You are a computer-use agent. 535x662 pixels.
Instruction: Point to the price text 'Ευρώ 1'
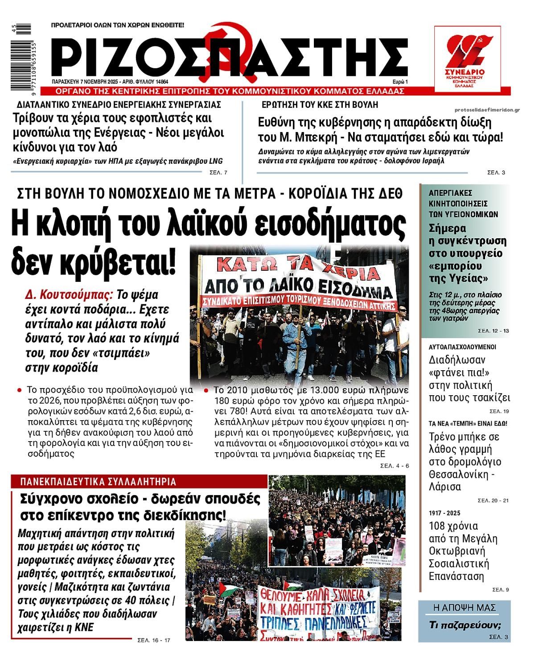pyautogui.click(x=400, y=82)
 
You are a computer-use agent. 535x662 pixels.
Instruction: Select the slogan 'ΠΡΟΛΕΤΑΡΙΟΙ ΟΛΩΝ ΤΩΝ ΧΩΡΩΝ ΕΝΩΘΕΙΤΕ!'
pyautogui.click(x=118, y=25)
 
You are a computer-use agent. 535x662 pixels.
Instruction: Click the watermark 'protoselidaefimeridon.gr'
pyautogui.click(x=488, y=110)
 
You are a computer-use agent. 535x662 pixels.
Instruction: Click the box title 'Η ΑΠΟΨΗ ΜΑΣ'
pyautogui.click(x=464, y=608)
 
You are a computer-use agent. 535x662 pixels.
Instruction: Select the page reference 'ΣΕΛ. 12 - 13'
pyautogui.click(x=493, y=331)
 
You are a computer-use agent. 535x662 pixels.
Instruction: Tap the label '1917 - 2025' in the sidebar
pyautogui.click(x=444, y=513)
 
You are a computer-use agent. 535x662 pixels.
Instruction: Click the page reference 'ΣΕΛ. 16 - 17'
pyautogui.click(x=154, y=641)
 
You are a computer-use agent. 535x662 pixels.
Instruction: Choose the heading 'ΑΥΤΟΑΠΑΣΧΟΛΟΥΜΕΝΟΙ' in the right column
pyautogui.click(x=462, y=347)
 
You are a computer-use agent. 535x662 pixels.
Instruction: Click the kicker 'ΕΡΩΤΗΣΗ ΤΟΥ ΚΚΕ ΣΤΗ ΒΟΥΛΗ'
pyautogui.click(x=320, y=105)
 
